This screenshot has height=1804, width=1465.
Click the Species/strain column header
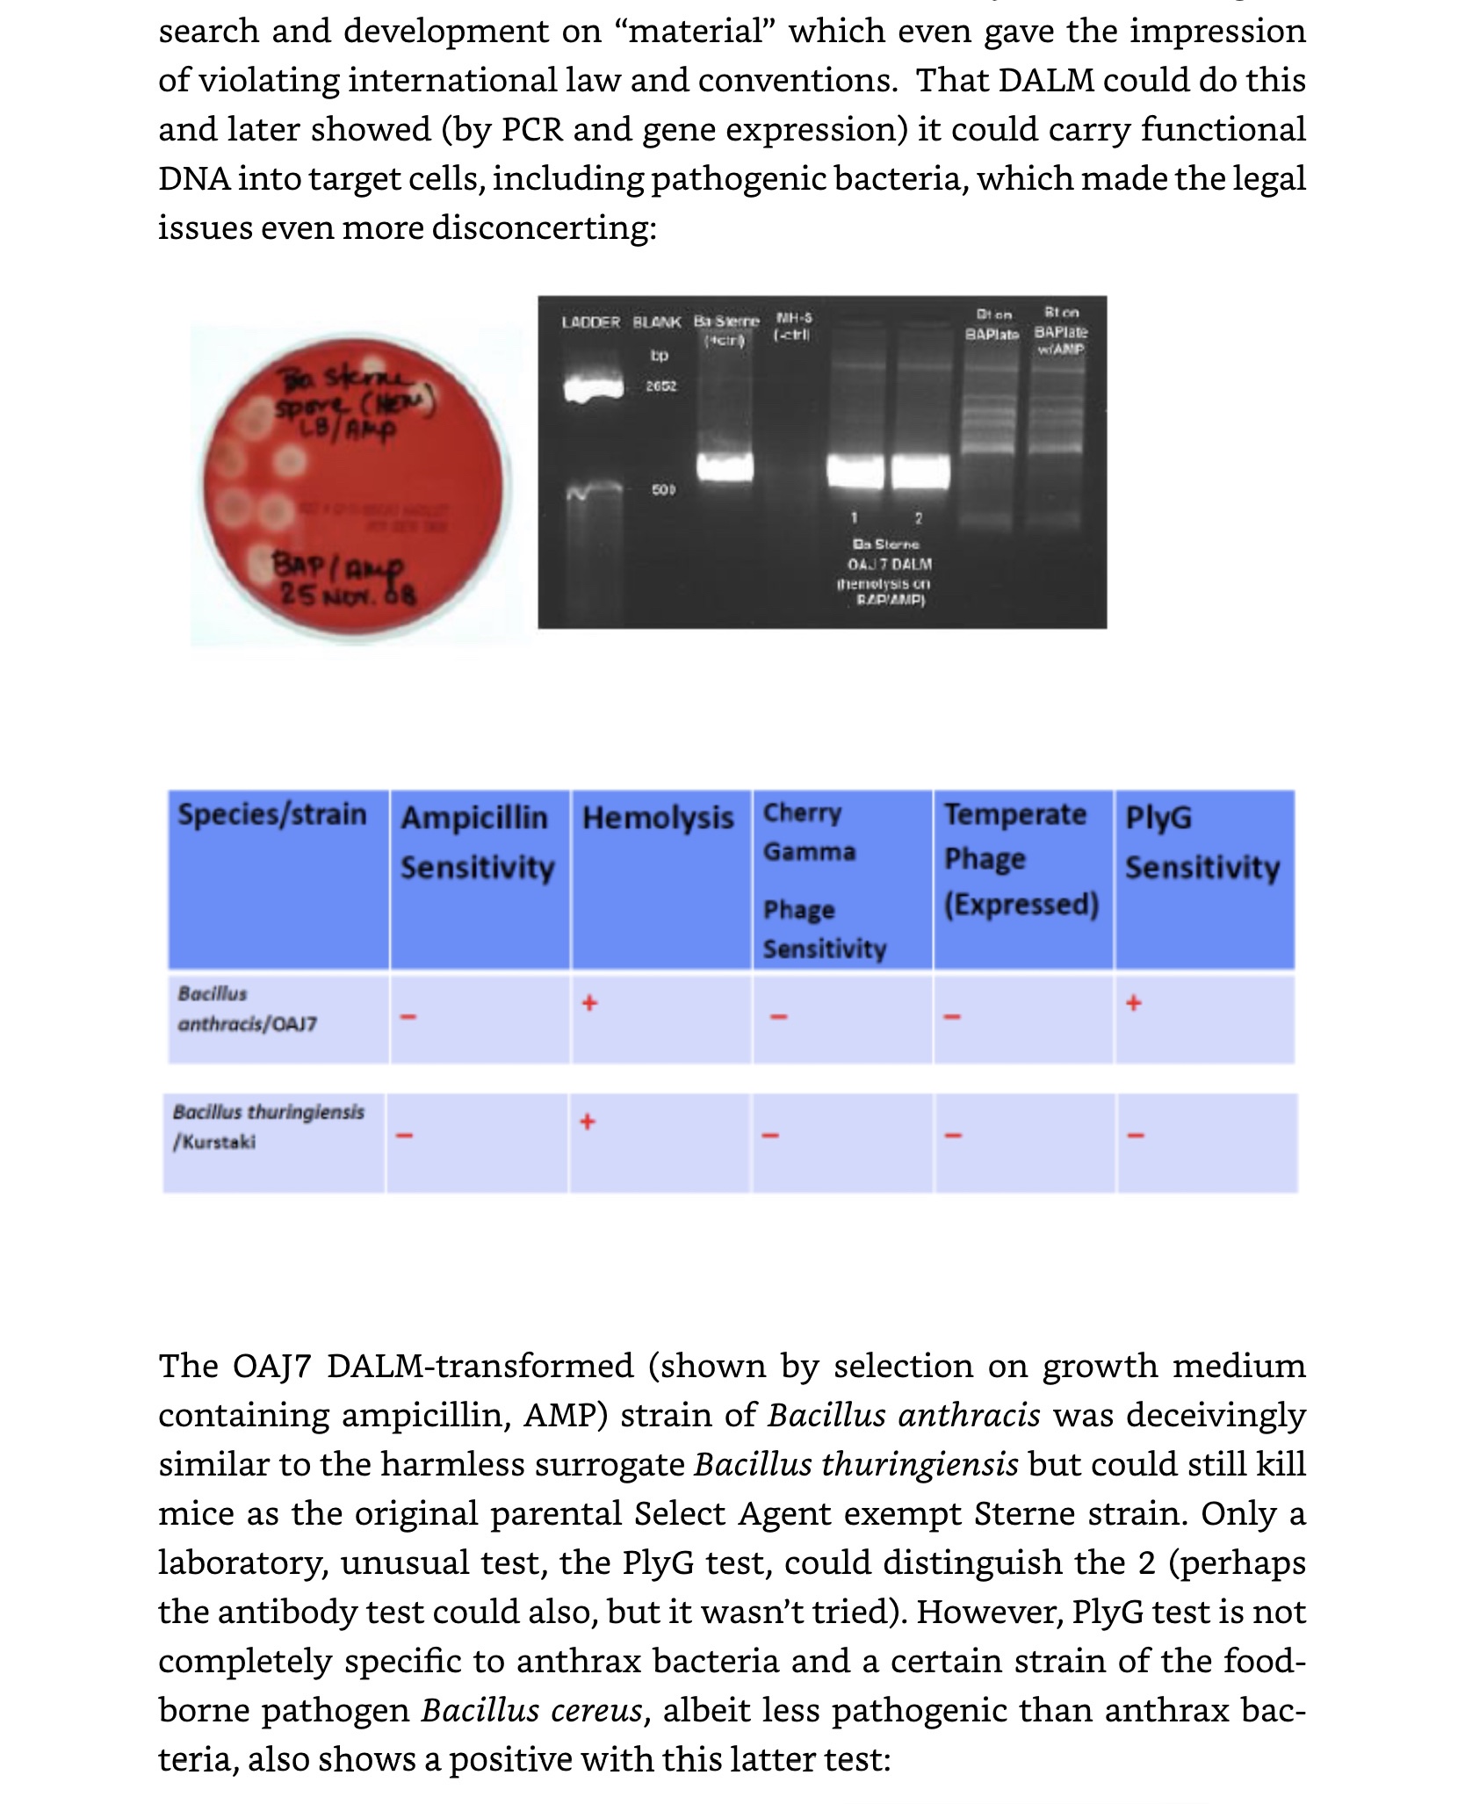click(272, 814)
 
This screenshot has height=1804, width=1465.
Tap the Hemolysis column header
click(658, 818)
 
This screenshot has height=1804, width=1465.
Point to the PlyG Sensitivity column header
click(1202, 841)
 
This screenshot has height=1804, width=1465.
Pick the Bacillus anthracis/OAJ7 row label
click(247, 1008)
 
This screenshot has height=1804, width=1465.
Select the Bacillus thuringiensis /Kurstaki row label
click(268, 1126)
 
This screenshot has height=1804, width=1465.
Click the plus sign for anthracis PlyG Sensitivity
click(1134, 1002)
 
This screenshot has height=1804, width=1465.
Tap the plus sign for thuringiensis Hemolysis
click(588, 1121)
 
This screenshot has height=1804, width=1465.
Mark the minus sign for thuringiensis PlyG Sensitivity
click(1136, 1136)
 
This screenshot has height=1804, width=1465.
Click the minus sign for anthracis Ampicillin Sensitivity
click(407, 1017)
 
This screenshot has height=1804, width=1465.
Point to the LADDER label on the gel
click(590, 322)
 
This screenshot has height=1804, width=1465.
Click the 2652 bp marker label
click(661, 386)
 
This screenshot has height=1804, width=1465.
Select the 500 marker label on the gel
click(663, 489)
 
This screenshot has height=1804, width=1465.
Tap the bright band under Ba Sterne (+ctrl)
click(725, 466)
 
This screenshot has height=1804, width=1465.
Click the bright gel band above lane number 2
click(920, 472)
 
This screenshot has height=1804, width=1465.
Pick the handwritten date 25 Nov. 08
click(348, 595)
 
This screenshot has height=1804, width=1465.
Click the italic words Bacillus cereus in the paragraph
click(532, 1710)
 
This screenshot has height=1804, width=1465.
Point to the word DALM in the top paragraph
click(1046, 80)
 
